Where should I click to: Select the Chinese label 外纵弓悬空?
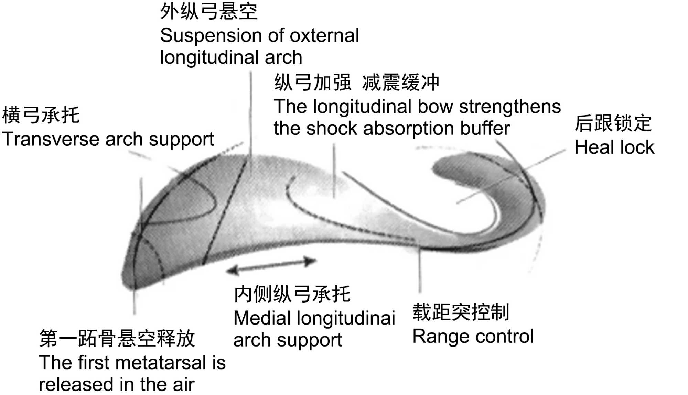(209, 12)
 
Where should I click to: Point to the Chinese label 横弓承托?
(41, 115)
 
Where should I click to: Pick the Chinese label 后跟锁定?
(613, 123)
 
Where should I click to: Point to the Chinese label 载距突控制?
(461, 312)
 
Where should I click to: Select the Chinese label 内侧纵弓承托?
(292, 294)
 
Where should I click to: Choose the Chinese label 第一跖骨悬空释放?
(117, 339)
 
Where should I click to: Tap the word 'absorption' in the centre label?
(409, 129)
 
